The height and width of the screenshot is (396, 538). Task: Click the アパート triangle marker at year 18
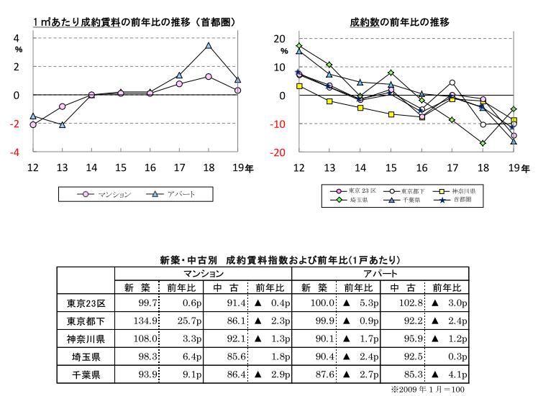tap(208, 45)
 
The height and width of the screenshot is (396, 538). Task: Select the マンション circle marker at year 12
tap(33, 124)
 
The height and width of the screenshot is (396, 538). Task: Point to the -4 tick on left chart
tap(17, 152)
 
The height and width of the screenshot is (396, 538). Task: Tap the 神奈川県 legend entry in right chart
tap(465, 192)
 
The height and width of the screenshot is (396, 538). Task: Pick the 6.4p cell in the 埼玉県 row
tap(183, 356)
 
